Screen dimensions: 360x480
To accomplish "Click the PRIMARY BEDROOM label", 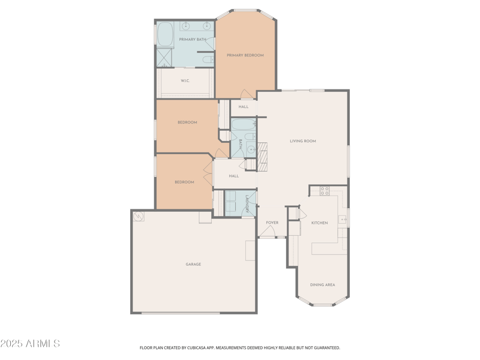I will (x=245, y=55).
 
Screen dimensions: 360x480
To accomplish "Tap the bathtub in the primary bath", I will (x=165, y=34).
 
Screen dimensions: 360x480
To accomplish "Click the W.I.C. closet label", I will (x=185, y=80).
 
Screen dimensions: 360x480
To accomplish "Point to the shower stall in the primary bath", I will (x=164, y=58).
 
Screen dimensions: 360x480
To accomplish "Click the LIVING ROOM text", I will (x=302, y=141).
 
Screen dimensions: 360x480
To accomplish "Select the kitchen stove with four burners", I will (x=325, y=191).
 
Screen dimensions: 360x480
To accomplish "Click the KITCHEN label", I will (x=319, y=223).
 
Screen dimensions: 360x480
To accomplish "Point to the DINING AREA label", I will (x=322, y=284).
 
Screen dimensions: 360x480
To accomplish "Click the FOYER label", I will (x=272, y=223).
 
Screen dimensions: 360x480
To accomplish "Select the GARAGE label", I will (x=193, y=264).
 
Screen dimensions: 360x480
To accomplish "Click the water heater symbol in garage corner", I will (x=139, y=216).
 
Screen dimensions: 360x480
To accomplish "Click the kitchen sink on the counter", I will (x=343, y=220).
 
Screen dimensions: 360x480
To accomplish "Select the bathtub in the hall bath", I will (x=243, y=125).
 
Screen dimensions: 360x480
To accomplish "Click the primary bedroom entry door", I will (x=246, y=95).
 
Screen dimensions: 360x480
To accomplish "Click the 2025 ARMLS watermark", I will (x=30, y=344).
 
